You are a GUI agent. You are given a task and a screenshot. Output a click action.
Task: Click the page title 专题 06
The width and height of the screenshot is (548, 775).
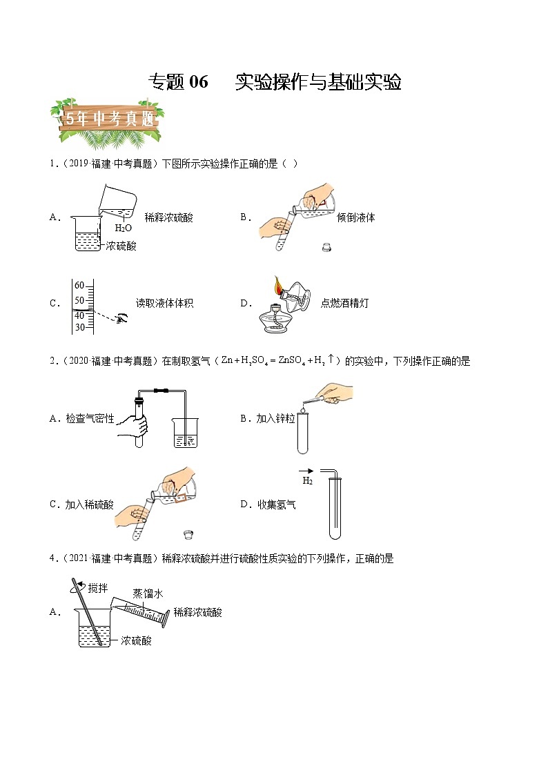178,82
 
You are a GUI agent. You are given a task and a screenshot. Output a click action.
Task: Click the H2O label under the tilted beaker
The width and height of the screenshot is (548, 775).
123,228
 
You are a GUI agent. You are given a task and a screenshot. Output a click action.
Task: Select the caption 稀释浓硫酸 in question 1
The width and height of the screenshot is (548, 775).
168,217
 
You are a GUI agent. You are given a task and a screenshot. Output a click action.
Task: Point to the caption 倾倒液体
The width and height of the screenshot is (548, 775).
355,217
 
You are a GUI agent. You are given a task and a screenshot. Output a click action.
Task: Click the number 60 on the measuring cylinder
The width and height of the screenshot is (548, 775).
79,285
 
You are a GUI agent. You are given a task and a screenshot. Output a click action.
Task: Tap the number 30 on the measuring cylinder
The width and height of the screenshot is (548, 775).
79,327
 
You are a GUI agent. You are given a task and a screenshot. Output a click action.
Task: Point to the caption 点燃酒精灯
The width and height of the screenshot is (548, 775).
344,303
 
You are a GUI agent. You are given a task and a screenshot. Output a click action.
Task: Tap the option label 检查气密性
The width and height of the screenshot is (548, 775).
90,418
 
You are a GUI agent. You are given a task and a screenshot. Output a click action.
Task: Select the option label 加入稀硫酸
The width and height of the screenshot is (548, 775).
90,504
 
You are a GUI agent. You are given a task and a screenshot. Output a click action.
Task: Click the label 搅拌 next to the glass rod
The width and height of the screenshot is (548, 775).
97,587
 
